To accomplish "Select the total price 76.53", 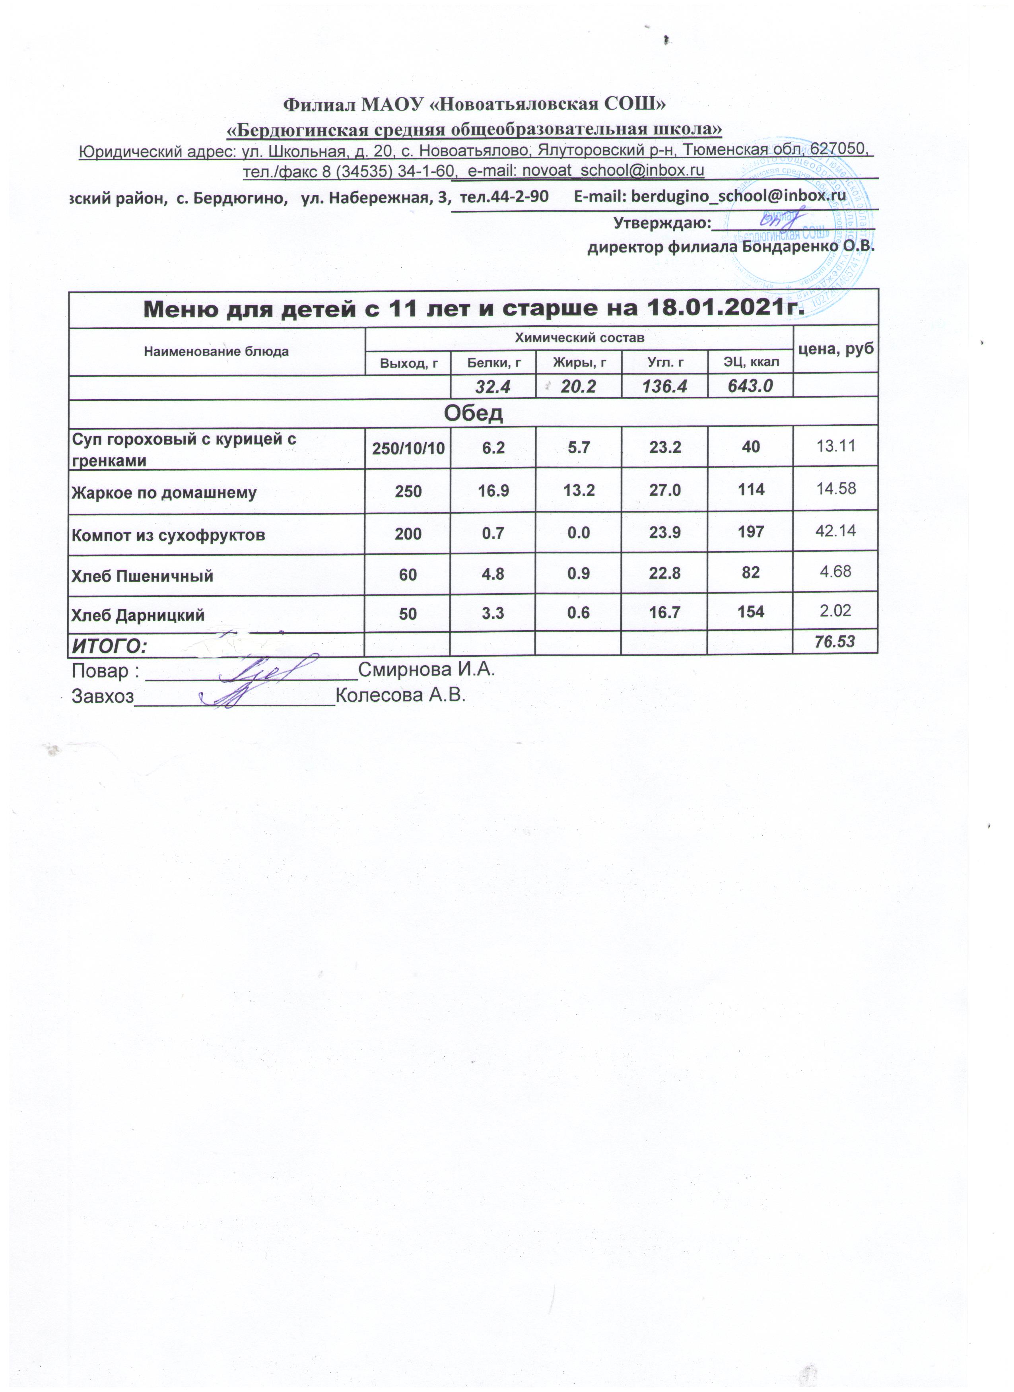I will point(835,642).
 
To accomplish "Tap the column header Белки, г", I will point(493,363).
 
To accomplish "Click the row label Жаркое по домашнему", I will point(164,492).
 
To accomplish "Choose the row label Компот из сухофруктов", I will point(168,535).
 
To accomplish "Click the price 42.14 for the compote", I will point(835,531).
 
